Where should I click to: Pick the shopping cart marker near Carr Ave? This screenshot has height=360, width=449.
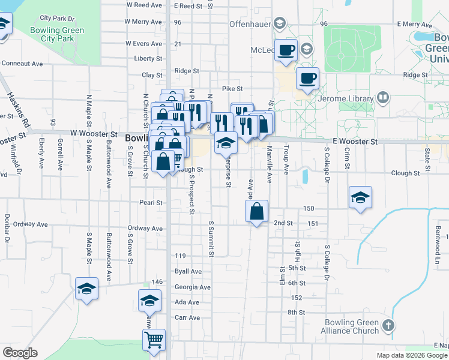click(154, 340)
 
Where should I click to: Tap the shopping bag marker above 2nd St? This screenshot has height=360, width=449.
click(256, 211)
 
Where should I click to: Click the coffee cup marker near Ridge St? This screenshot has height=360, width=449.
click(307, 78)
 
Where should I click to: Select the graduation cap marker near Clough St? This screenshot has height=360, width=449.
click(360, 197)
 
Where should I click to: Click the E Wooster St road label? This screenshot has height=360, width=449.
click(354, 142)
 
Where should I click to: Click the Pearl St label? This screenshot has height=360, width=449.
click(151, 203)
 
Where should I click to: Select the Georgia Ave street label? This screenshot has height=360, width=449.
click(192, 287)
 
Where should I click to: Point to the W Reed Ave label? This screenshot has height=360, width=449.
click(143, 5)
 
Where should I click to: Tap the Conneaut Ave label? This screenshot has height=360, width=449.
click(22, 63)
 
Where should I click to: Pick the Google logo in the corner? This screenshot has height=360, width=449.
click(20, 353)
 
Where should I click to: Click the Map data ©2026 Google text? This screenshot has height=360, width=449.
click(411, 355)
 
